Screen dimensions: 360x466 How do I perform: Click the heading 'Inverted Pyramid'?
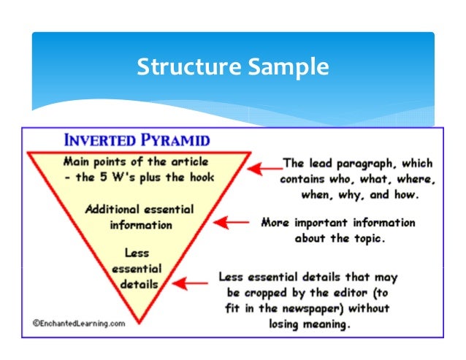pos(137,140)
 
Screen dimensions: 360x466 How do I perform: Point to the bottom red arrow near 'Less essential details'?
pos(195,282)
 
